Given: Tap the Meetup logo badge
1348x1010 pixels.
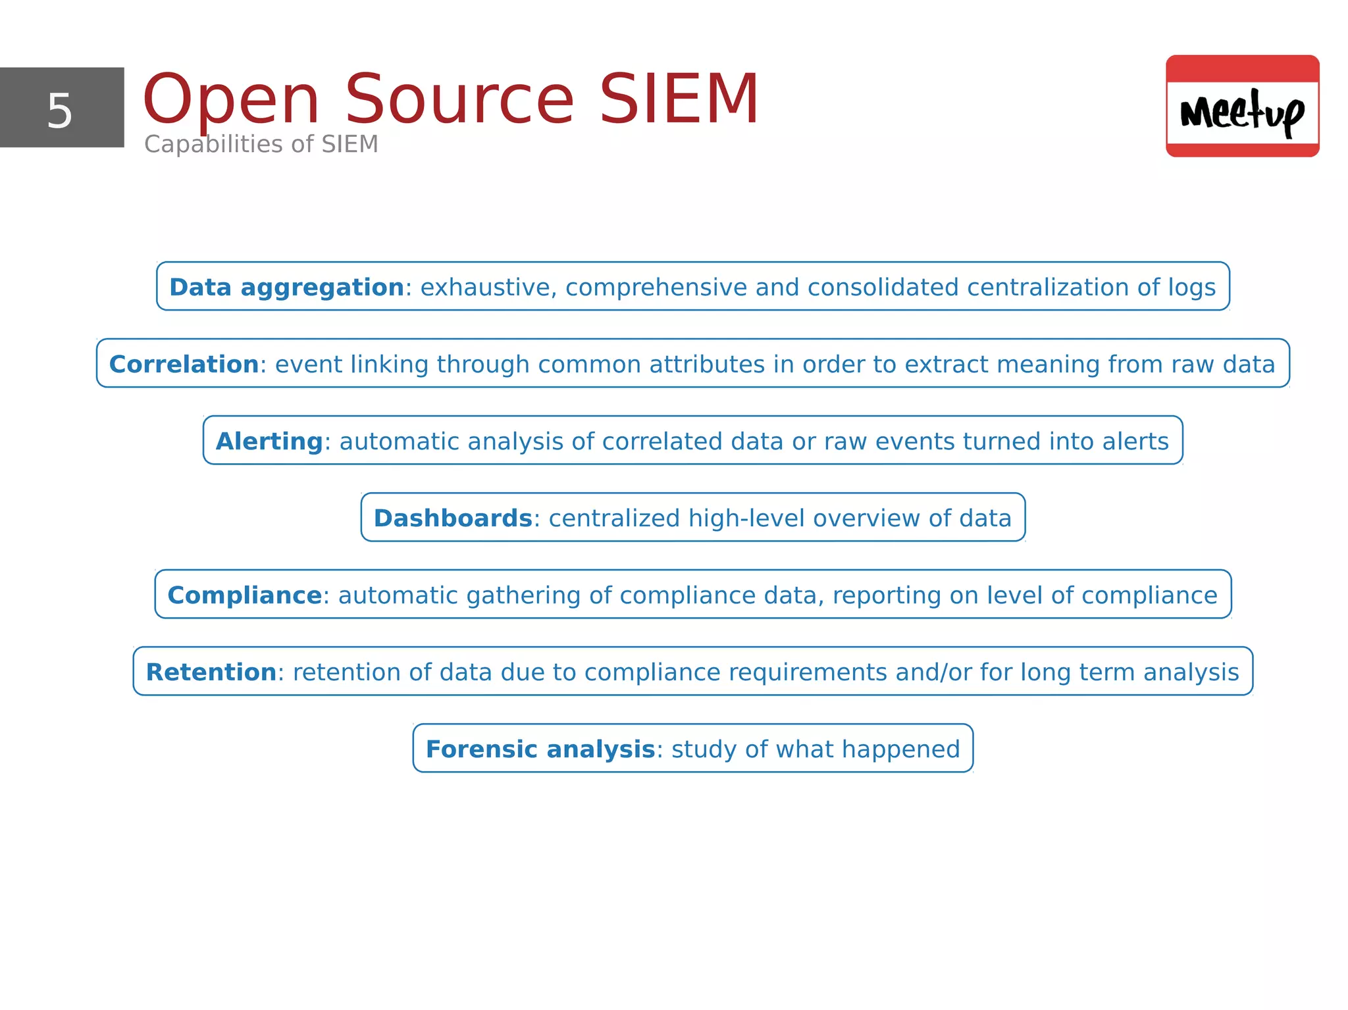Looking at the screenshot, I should [x=1242, y=107].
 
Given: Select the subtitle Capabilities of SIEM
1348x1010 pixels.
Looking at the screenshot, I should [x=261, y=144].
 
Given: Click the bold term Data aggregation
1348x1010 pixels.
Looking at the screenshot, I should [x=286, y=288].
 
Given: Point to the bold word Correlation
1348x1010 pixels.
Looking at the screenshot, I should [x=184, y=365].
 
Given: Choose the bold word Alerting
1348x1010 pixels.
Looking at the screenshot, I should [x=269, y=442].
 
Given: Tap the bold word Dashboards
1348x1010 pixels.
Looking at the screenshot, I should [x=453, y=518].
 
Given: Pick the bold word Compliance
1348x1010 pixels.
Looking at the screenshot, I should [x=244, y=595].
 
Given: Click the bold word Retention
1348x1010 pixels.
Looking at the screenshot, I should [x=211, y=672].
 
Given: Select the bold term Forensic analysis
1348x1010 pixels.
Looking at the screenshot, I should [x=540, y=749].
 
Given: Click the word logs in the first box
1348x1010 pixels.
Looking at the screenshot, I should [x=1192, y=288].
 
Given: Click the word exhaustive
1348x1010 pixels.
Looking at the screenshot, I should [x=488, y=288].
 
